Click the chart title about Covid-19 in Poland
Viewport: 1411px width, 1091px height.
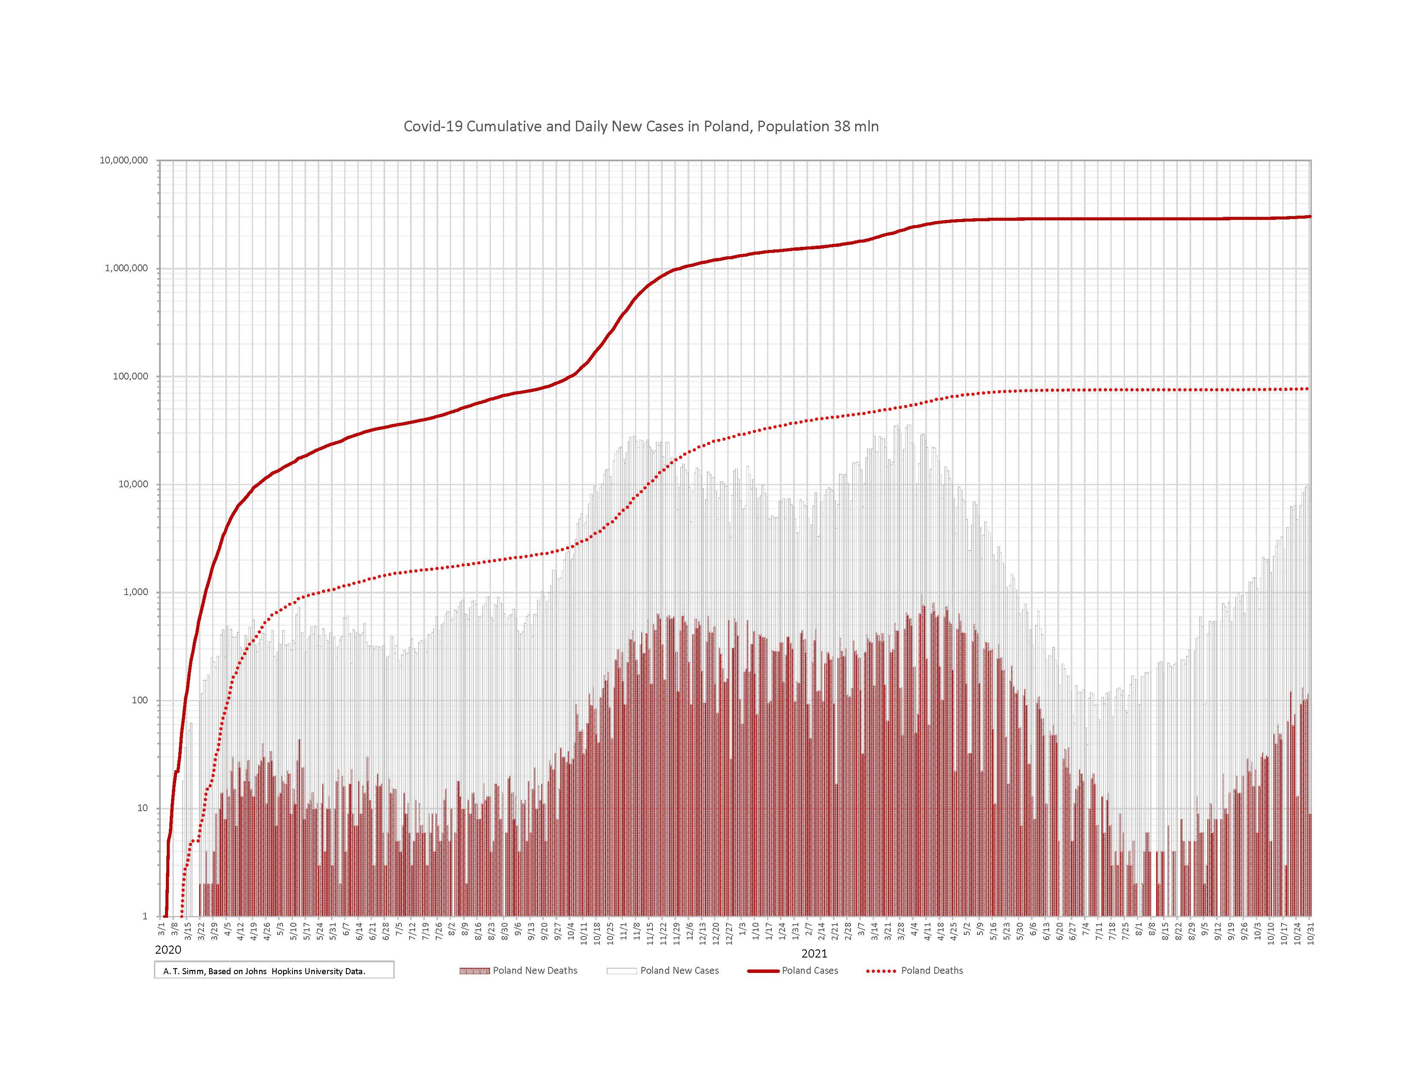[x=641, y=127]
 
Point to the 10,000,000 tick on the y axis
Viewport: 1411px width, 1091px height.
[x=124, y=160]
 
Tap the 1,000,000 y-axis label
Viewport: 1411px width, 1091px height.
[x=126, y=268]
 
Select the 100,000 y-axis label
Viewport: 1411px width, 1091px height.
[x=129, y=376]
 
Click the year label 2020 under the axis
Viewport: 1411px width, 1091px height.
[x=168, y=950]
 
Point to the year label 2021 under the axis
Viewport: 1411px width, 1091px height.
[x=814, y=953]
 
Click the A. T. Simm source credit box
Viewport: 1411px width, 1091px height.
[x=274, y=971]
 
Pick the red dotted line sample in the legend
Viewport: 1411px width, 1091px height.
[x=880, y=971]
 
